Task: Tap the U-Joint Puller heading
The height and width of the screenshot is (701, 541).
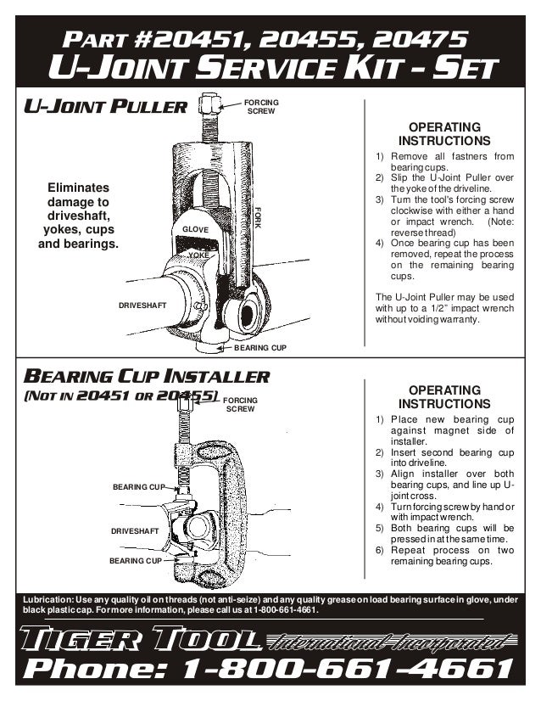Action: (104, 108)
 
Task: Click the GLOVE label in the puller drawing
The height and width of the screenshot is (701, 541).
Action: (196, 230)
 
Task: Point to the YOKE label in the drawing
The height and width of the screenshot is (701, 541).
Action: (198, 255)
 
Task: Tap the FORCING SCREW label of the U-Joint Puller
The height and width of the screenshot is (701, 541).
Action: (260, 106)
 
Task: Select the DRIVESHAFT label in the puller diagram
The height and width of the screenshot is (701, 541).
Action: (142, 304)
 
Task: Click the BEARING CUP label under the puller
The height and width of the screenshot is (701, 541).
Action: (259, 348)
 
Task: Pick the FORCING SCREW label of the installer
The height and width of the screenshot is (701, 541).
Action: (242, 404)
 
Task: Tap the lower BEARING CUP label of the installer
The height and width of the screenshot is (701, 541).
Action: (135, 561)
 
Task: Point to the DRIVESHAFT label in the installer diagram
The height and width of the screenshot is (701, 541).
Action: (136, 530)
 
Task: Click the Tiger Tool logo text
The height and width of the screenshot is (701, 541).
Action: (138, 640)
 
